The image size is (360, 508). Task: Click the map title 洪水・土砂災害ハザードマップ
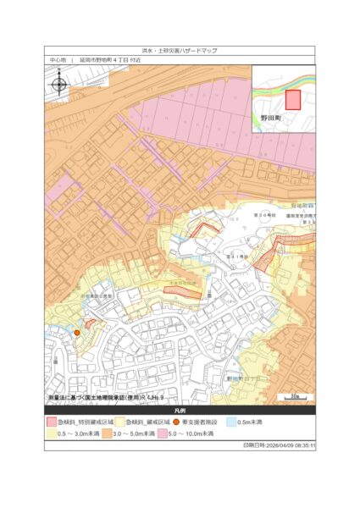pyautogui.click(x=180, y=51)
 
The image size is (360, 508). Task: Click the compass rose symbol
pyautogui.click(x=59, y=84)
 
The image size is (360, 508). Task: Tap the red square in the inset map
pyautogui.click(x=292, y=100)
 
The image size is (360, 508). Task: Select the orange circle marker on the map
pyautogui.click(x=77, y=333)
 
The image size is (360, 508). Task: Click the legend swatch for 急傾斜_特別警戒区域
pyautogui.click(x=51, y=422)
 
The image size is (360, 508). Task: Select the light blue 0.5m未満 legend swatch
pyautogui.click(x=230, y=422)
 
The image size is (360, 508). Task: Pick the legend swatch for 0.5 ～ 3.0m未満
pyautogui.click(x=51, y=433)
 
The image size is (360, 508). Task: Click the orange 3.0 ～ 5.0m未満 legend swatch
pyautogui.click(x=108, y=433)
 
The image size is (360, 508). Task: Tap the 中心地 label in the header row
pyautogui.click(x=57, y=61)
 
